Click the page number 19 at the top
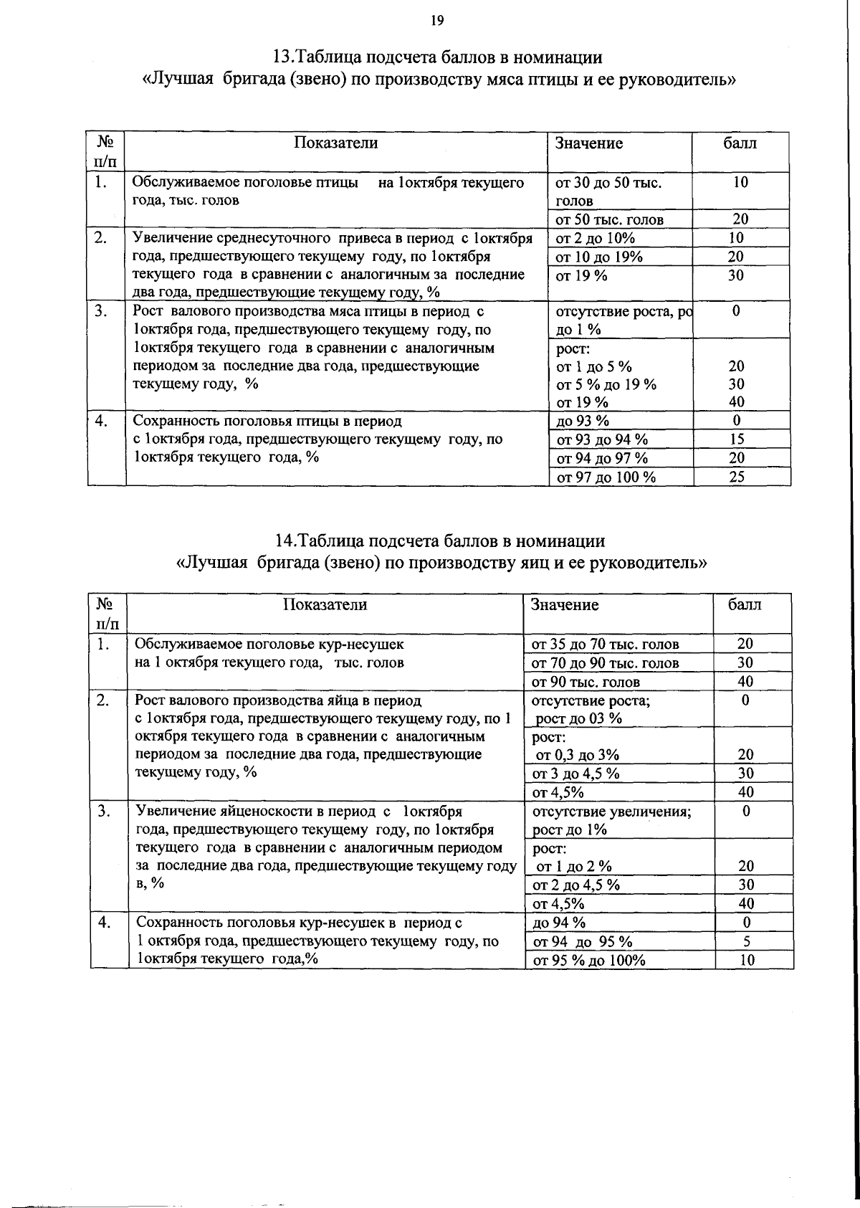[x=437, y=20]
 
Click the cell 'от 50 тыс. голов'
[x=609, y=220]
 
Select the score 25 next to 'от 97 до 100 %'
[x=737, y=477]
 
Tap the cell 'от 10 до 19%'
[x=599, y=257]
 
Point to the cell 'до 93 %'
[x=583, y=421]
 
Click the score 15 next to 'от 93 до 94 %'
[x=737, y=439]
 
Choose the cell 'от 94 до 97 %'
[x=602, y=458]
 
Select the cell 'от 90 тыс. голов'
[x=585, y=682]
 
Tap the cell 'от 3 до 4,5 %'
[x=575, y=773]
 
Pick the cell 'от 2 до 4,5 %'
[x=575, y=885]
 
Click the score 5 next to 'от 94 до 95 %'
[x=746, y=941]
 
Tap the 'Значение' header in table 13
[x=589, y=143]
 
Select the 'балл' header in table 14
[x=745, y=604]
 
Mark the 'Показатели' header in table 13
[x=336, y=143]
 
